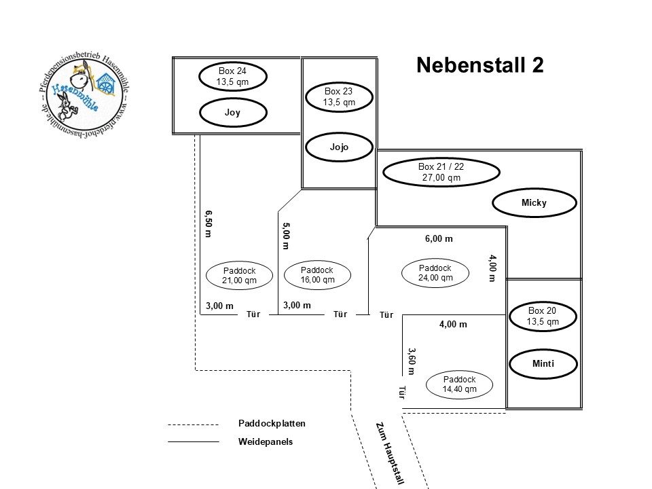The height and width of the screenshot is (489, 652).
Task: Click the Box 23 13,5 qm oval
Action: pyautogui.click(x=340, y=96)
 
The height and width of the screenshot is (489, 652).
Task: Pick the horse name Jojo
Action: pyautogui.click(x=340, y=146)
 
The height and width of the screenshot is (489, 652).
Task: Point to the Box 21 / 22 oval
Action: pyautogui.click(x=441, y=172)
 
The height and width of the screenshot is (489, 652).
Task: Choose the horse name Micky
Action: pyautogui.click(x=534, y=202)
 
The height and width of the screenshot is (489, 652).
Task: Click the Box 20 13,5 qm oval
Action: pyautogui.click(x=542, y=316)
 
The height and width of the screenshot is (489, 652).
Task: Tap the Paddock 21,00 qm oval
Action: pyautogui.click(x=238, y=275)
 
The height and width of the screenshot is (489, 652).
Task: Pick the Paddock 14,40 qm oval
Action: pyautogui.click(x=459, y=384)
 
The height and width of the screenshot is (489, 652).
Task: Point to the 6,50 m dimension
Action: pyautogui.click(x=209, y=223)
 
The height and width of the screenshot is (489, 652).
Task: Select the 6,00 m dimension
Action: pyautogui.click(x=439, y=239)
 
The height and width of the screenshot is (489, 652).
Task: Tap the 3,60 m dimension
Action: pyautogui.click(x=412, y=361)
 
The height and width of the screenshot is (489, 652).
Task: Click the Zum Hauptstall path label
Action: pyautogui.click(x=390, y=452)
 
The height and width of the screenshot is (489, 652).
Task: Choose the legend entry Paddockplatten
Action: pyautogui.click(x=272, y=423)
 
